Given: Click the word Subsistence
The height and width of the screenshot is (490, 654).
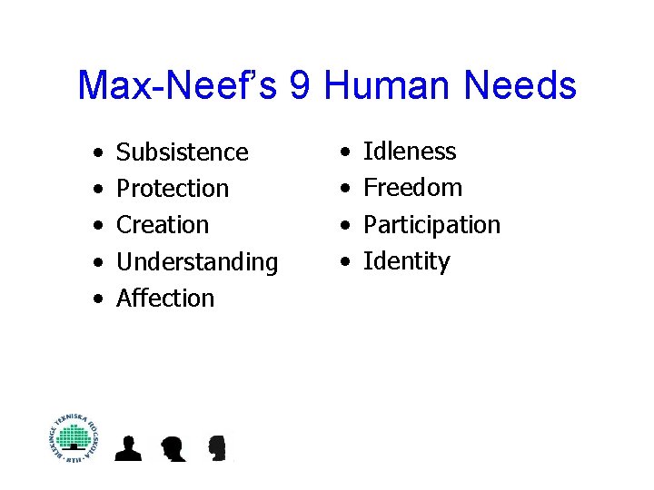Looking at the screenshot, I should [x=182, y=152].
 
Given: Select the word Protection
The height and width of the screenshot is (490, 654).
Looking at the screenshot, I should [x=173, y=189].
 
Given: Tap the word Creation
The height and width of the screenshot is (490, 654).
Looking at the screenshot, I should [x=163, y=225].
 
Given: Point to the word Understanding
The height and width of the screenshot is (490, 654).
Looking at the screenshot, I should [x=197, y=262].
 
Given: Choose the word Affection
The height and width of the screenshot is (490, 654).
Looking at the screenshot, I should [x=165, y=299].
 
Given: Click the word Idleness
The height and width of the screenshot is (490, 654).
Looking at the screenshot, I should [x=410, y=152].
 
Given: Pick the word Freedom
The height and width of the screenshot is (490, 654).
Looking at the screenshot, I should [x=412, y=188].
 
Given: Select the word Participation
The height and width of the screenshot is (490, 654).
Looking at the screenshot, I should [x=431, y=225].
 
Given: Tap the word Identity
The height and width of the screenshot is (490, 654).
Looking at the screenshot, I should [x=406, y=261].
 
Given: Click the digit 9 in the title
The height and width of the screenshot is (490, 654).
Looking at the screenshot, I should [x=301, y=86].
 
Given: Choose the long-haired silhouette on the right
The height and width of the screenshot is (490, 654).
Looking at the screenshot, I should [x=216, y=447].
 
